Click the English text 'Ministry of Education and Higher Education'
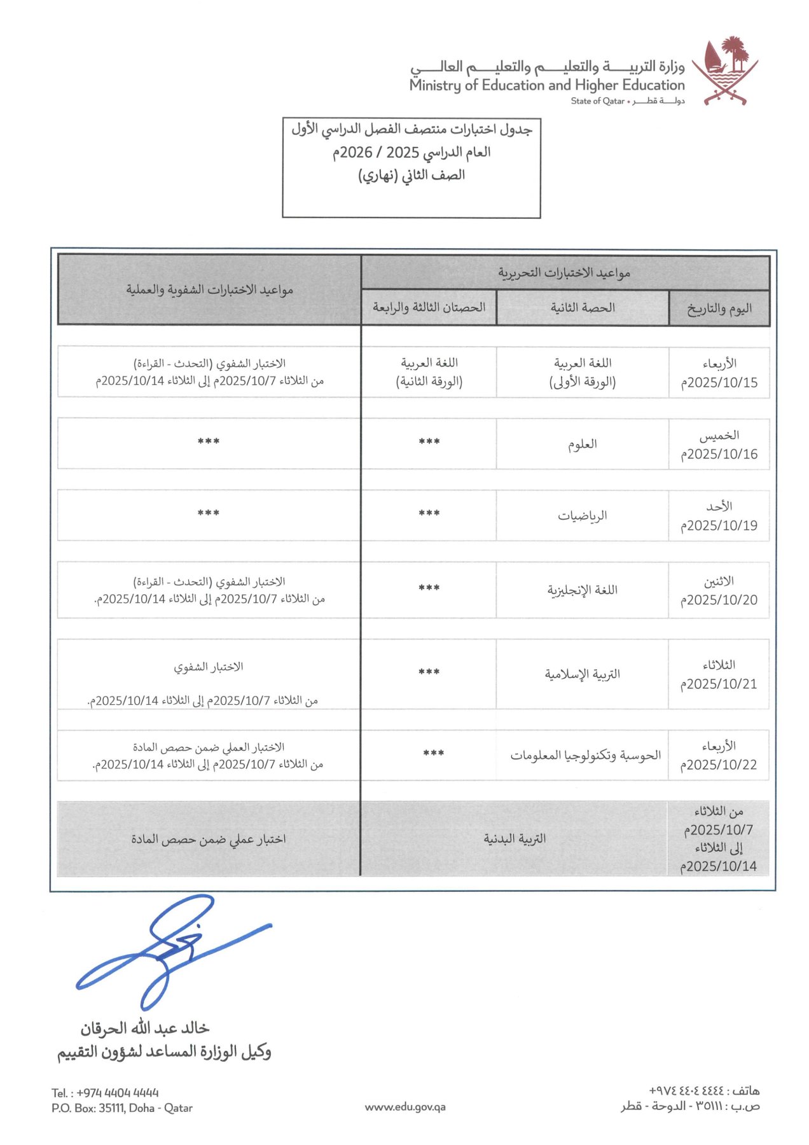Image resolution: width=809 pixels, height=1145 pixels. pos(547,85)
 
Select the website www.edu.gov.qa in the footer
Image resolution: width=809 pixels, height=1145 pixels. pos(405,1107)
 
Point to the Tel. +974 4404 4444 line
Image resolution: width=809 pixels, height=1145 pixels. pos(105,1093)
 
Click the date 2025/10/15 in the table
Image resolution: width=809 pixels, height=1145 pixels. pos(719,382)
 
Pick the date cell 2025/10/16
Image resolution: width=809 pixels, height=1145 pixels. pos(719,454)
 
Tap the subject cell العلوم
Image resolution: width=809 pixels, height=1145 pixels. pos(582,444)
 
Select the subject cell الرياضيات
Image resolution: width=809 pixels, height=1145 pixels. pos(582,515)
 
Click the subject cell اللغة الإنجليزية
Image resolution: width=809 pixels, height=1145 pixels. pos(582,590)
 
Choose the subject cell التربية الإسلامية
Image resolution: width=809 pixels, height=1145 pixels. pos(582,674)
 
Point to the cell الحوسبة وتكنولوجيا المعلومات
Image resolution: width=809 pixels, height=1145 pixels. pos(585,755)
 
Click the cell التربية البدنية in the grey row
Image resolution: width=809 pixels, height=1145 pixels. pos(515,838)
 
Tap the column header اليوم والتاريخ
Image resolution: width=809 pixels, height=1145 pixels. pos(719,309)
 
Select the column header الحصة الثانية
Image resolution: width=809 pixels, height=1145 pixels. pos(582,308)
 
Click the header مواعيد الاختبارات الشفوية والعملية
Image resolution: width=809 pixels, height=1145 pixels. pos(209,290)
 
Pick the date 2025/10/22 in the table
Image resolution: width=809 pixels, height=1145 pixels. pos(719,765)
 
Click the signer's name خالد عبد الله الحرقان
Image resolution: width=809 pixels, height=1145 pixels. pos(144,1028)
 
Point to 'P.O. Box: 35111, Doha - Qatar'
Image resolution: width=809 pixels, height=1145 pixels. pos(122,1107)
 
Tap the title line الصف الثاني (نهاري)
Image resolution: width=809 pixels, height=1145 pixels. pos(411,175)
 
